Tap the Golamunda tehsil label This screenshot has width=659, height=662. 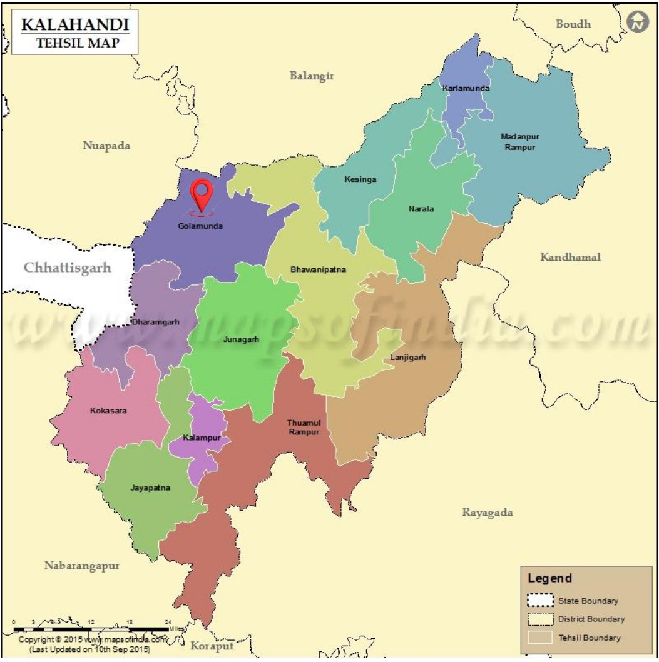coord(200,226)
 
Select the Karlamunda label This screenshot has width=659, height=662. coord(466,88)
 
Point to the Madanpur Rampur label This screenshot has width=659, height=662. coord(519,141)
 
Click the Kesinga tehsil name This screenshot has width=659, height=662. coord(360,179)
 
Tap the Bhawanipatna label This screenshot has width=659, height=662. coord(318,270)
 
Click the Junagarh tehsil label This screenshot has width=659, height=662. coord(240,339)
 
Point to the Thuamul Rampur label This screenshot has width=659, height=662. coord(304,428)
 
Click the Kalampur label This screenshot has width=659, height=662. coord(202,438)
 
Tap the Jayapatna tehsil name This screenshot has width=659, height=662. coord(150,488)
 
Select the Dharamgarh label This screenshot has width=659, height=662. coord(155,322)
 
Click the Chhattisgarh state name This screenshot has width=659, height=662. coord(67,268)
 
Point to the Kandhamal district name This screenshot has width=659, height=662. coord(570,257)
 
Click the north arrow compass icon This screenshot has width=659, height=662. coord(637,22)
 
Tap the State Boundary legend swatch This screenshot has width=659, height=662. coord(541,601)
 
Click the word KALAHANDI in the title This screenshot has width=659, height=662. coord(74,24)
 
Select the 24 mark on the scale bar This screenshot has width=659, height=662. coord(168,622)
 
